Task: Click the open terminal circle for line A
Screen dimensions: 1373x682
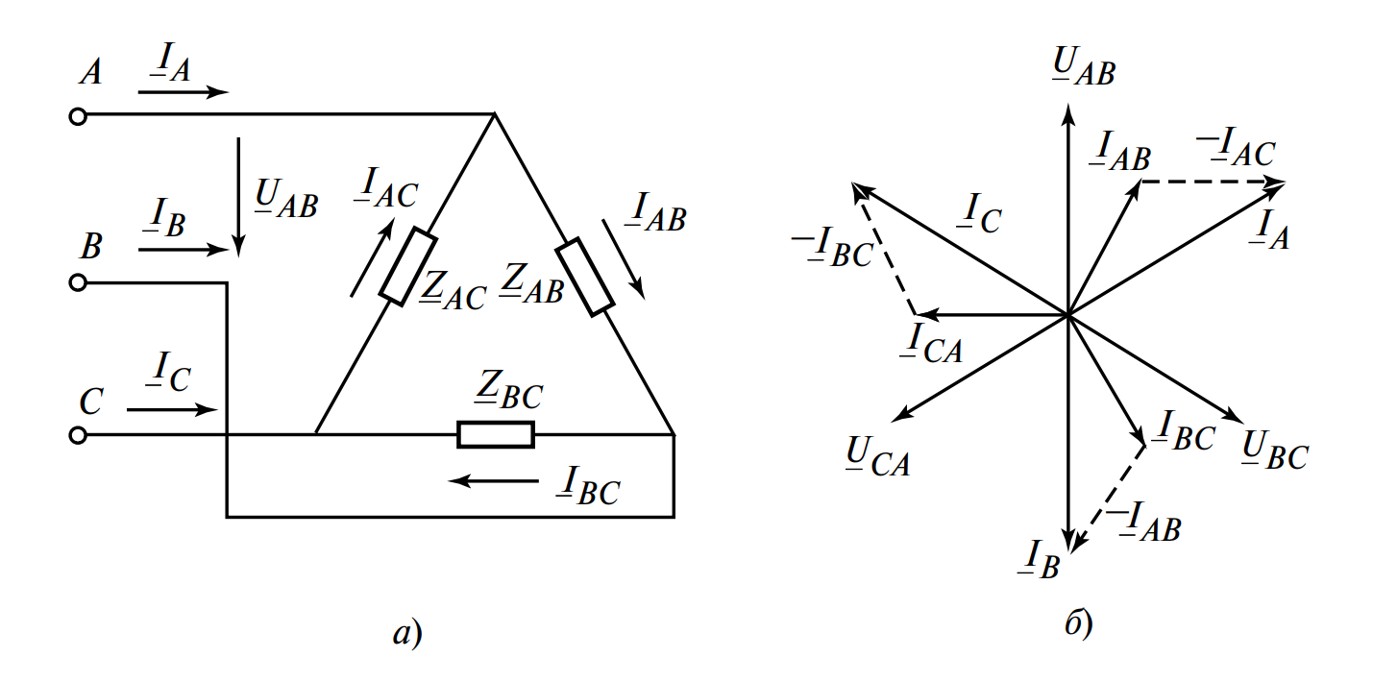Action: click(x=78, y=116)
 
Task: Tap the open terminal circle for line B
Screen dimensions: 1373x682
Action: click(x=78, y=282)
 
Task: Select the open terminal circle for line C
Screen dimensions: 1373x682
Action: click(x=78, y=435)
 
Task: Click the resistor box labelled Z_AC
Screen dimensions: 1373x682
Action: click(x=408, y=266)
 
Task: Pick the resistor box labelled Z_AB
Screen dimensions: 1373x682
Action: click(x=585, y=277)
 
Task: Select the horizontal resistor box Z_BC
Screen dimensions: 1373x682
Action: click(x=496, y=434)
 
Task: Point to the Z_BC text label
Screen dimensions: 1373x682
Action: click(x=508, y=390)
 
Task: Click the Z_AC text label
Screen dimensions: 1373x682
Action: click(x=453, y=290)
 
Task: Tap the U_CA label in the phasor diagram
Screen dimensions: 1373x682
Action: click(x=878, y=456)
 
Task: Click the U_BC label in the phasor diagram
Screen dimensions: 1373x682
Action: click(x=1275, y=451)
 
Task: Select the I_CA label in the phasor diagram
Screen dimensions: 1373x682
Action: click(x=931, y=344)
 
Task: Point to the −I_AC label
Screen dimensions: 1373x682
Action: click(x=1236, y=148)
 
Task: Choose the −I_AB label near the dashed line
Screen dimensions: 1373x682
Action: click(x=1143, y=523)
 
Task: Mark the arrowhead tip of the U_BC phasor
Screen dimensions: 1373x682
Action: click(x=1243, y=423)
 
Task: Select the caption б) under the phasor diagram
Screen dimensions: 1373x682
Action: click(x=1079, y=624)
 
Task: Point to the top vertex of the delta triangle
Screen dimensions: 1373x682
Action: click(x=495, y=114)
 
